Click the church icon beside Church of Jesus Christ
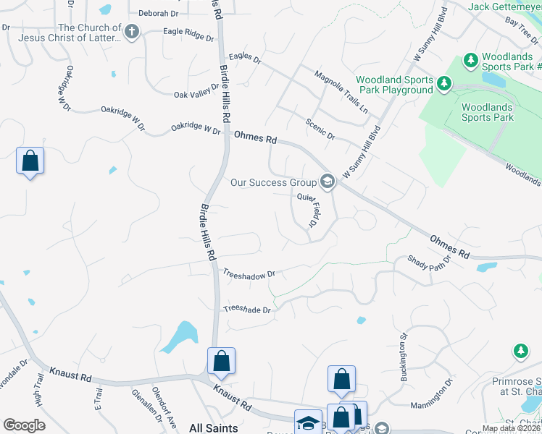tap(131, 31)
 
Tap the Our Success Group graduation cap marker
tap(328, 182)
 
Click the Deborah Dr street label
tap(158, 13)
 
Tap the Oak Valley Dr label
tap(196, 95)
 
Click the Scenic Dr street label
tap(320, 129)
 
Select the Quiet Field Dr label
tap(313, 210)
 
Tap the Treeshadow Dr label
tap(249, 274)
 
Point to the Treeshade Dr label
tap(246, 310)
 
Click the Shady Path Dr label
tap(430, 259)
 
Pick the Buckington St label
tap(404, 357)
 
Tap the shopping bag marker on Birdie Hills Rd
tap(221, 361)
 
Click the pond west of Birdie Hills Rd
tap(179, 336)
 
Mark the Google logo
tap(25, 425)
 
